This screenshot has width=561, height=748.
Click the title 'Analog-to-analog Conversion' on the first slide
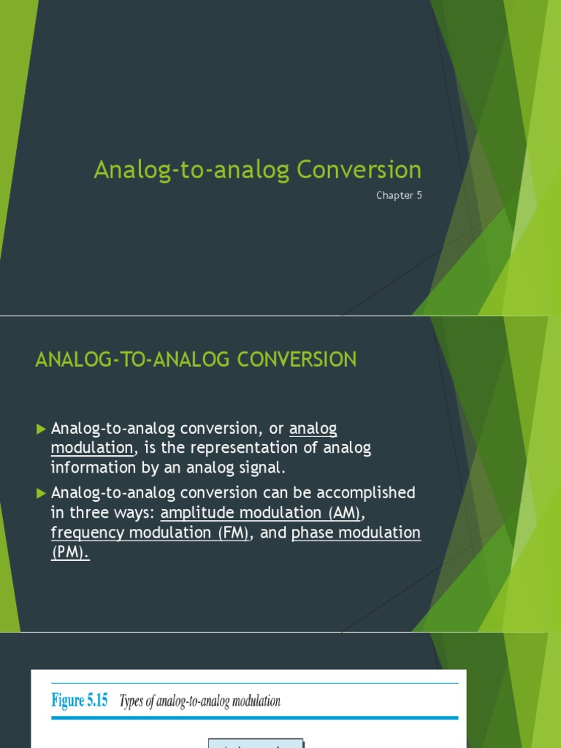[x=257, y=170]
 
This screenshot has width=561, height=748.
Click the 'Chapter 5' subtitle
[x=399, y=195]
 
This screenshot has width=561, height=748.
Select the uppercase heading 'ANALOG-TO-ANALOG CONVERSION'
[x=196, y=359]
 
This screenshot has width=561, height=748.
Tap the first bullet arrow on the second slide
[x=41, y=429]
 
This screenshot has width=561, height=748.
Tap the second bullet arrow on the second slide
[x=41, y=493]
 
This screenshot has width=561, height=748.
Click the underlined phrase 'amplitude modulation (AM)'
[x=261, y=513]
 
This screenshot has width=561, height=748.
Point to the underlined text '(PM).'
[x=70, y=553]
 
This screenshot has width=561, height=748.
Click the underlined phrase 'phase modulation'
[x=356, y=533]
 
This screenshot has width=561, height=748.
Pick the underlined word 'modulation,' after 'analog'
[x=93, y=448]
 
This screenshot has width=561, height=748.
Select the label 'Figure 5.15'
[x=80, y=701]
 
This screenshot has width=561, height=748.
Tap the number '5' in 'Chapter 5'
[x=419, y=195]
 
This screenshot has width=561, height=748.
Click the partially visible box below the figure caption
[x=255, y=743]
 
